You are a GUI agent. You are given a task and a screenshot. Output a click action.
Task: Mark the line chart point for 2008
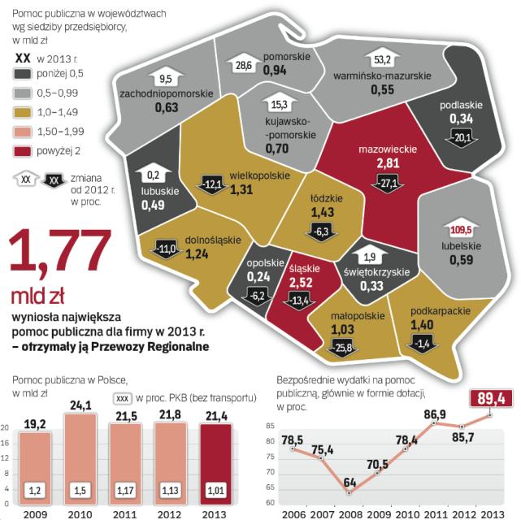pos(348,492)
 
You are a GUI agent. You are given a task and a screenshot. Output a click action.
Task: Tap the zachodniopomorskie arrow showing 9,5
pos(166,80)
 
